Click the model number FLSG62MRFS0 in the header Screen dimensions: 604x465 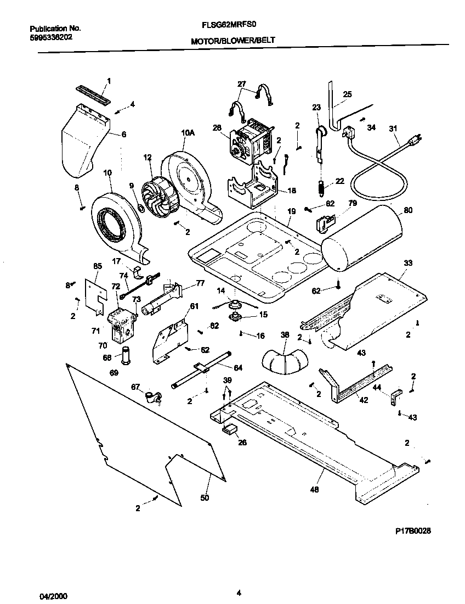click(x=233, y=25)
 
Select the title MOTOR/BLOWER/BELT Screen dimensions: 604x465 click(x=232, y=41)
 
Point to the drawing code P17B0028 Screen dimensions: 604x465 click(x=417, y=532)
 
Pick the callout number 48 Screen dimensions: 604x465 click(x=314, y=489)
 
